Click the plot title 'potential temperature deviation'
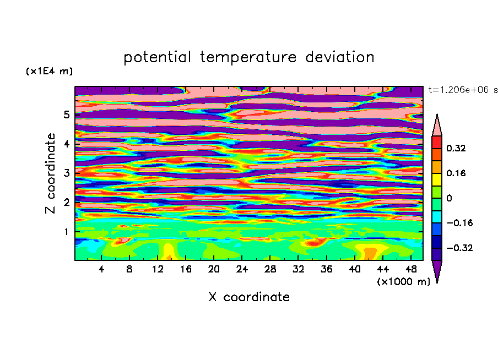tap(248, 57)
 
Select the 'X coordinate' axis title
tap(249, 297)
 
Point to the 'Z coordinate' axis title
tap(51, 173)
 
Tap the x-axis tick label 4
tap(101, 269)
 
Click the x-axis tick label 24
tap(242, 269)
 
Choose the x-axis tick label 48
tap(411, 269)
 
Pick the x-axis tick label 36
tap(326, 269)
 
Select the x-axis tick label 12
tap(158, 269)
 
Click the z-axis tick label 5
tap(66, 114)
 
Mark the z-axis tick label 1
tap(66, 232)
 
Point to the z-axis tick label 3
tap(66, 173)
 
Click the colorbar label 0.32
tap(456, 148)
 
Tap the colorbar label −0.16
tap(459, 223)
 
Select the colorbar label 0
tap(449, 198)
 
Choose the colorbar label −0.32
tap(459, 248)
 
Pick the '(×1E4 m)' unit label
tap(49, 71)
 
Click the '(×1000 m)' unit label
tap(403, 282)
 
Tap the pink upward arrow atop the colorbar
tap(437, 126)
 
